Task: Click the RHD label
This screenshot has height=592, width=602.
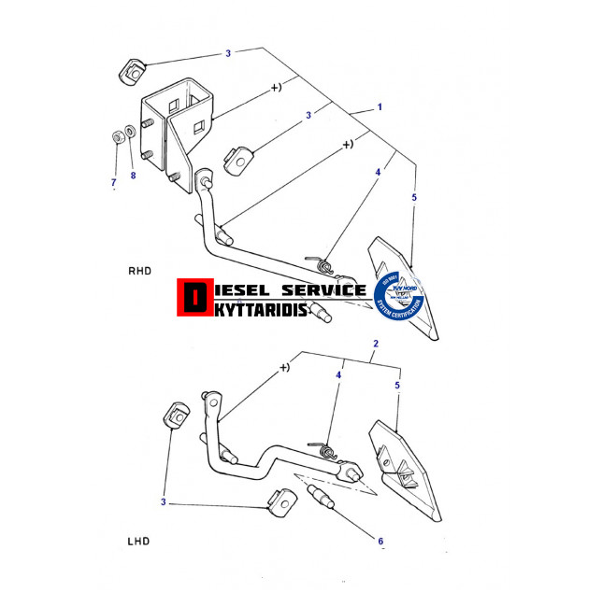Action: [x=139, y=271]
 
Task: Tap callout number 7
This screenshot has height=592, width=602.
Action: [x=113, y=180]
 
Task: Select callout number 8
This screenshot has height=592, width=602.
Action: [x=133, y=176]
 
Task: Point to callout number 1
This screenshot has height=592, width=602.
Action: [x=380, y=107]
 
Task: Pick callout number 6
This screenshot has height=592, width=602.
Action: [x=380, y=540]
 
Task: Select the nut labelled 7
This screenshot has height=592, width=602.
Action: [x=116, y=137]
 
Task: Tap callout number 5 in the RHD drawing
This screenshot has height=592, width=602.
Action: [x=413, y=198]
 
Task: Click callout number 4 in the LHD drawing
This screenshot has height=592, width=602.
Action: [x=338, y=374]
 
